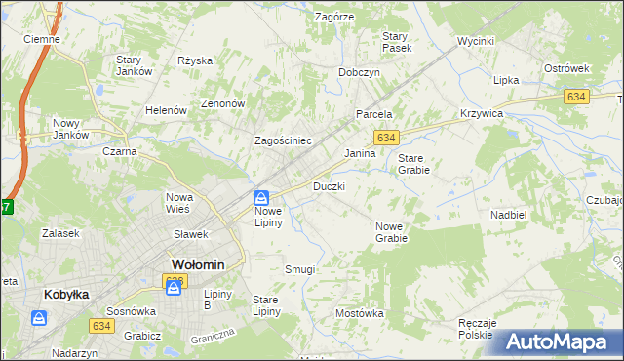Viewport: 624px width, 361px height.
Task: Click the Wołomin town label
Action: pos(198,264)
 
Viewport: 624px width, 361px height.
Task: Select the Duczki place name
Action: pos(329,185)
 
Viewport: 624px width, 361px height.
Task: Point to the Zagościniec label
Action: pos(283,140)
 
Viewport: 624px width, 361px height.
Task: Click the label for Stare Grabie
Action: pos(413,163)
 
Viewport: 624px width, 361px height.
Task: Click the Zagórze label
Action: pos(333,17)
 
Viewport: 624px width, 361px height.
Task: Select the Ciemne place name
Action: pos(42,40)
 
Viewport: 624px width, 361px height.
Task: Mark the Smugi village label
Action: pos(299,268)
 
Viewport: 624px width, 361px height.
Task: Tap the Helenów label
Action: pos(166,110)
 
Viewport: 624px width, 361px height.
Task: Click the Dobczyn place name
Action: pos(359,72)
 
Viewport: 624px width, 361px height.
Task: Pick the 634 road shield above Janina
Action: pos(387,139)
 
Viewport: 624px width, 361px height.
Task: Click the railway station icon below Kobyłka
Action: pos(38,318)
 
